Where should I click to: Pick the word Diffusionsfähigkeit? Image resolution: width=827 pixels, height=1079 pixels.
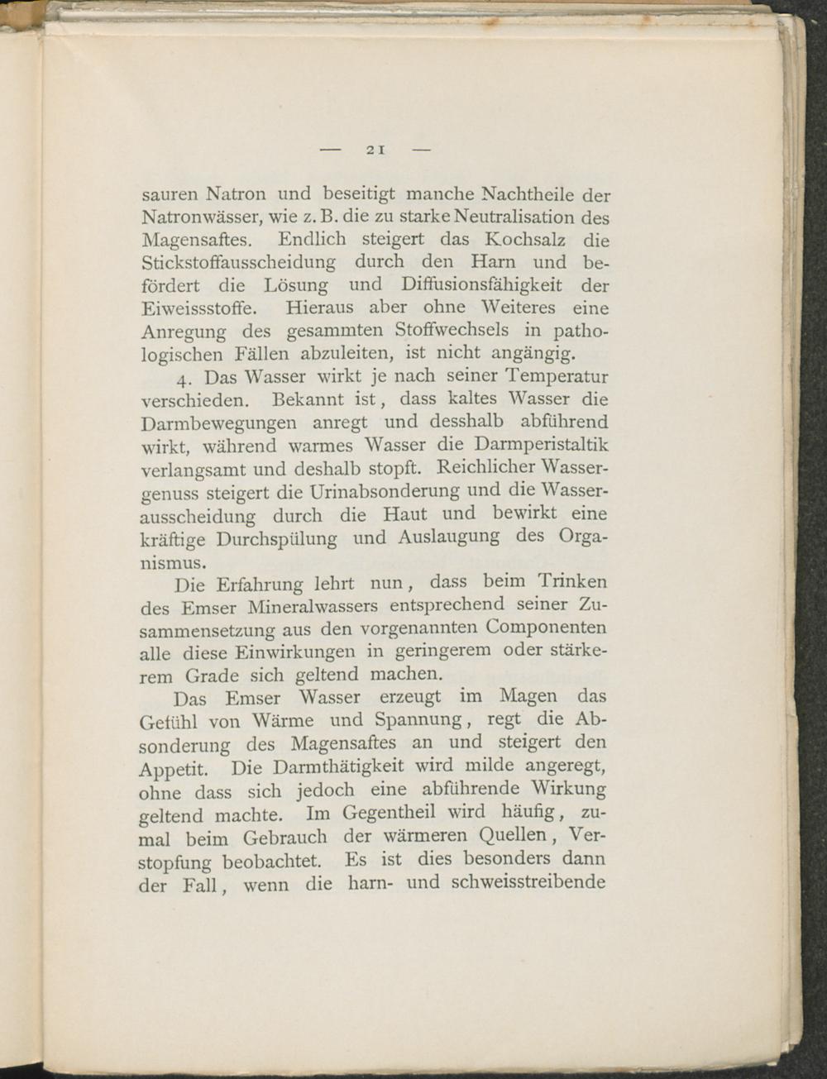(x=483, y=285)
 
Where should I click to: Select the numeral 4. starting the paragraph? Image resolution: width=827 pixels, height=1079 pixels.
(x=184, y=380)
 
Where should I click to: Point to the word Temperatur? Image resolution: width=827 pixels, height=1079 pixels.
(x=557, y=377)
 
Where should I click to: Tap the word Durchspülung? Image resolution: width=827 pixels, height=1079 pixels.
(x=276, y=539)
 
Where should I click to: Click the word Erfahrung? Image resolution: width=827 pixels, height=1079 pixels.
(x=260, y=585)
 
